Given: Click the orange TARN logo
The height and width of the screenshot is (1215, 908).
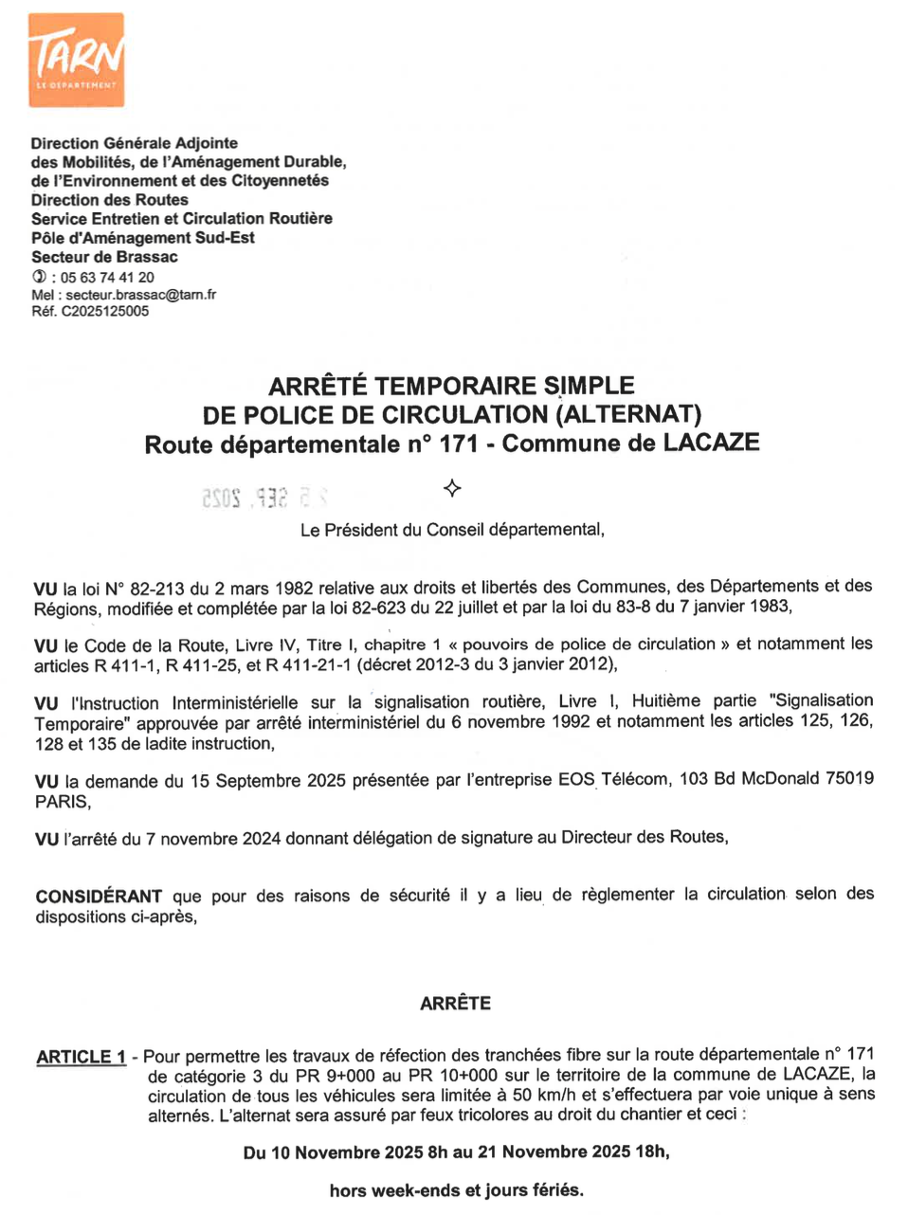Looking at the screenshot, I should tap(76, 60).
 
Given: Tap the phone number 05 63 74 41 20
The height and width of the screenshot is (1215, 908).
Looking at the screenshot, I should tap(107, 278).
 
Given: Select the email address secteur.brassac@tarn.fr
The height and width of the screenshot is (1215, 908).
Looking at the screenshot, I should tap(140, 295).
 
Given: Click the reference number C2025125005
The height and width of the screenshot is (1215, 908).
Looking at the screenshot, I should tap(105, 311).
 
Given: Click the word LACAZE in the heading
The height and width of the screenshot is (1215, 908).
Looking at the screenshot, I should tap(711, 444).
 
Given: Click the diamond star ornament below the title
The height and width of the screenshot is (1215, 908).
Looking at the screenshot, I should tap(452, 489).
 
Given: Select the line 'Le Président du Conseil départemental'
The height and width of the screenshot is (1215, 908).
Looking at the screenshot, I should tap(452, 530).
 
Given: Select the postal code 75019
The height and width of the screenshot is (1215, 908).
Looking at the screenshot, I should tap(849, 778).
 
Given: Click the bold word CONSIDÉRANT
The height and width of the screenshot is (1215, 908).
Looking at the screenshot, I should tap(99, 897).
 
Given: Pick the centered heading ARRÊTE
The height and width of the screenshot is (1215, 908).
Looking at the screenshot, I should tap(455, 1004).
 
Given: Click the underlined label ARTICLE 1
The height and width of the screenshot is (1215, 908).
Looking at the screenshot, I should tap(82, 1057).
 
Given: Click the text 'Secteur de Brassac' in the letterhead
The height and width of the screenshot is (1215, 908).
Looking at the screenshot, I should tap(104, 257).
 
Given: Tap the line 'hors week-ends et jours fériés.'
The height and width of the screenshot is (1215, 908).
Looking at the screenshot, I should tap(456, 1190).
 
